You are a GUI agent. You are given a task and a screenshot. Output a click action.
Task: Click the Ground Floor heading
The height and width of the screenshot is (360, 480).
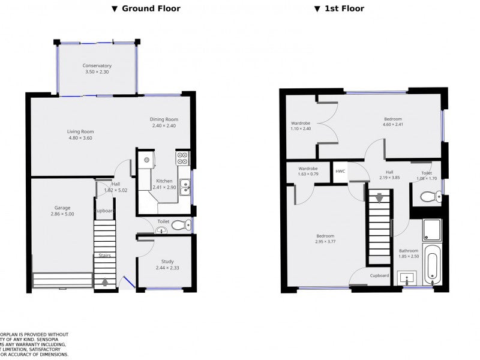click(146, 8)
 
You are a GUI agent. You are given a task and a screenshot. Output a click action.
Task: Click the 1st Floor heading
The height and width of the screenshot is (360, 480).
click(339, 8)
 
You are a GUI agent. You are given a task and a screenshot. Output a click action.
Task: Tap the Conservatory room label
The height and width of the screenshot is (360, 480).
click(97, 69)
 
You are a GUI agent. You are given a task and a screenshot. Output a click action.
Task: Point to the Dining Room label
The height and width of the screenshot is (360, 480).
click(164, 122)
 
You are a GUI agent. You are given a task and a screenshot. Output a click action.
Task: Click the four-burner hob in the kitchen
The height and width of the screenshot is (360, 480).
click(182, 158)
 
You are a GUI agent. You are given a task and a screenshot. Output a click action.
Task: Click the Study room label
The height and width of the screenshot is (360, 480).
click(167, 264)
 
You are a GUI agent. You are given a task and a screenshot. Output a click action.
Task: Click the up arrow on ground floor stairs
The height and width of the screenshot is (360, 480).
click(106, 281)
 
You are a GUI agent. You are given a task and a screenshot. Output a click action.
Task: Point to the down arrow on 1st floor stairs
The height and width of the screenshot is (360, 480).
click(379, 198)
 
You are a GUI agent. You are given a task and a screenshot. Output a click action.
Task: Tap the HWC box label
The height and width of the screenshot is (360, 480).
click(340, 172)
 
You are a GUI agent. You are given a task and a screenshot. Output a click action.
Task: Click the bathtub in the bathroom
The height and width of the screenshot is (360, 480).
click(432, 265)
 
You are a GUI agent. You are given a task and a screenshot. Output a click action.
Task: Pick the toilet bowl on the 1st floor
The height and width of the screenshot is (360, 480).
click(428, 196)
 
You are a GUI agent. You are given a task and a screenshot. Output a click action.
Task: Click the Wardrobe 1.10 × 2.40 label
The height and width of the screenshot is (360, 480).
click(301, 125)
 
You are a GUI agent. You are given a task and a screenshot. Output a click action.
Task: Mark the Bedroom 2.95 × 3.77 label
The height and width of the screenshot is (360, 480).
click(325, 239)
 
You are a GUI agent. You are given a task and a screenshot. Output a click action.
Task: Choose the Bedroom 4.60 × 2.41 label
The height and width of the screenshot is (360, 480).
click(392, 122)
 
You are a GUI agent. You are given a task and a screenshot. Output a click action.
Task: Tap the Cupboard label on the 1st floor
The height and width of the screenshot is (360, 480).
click(379, 275)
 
